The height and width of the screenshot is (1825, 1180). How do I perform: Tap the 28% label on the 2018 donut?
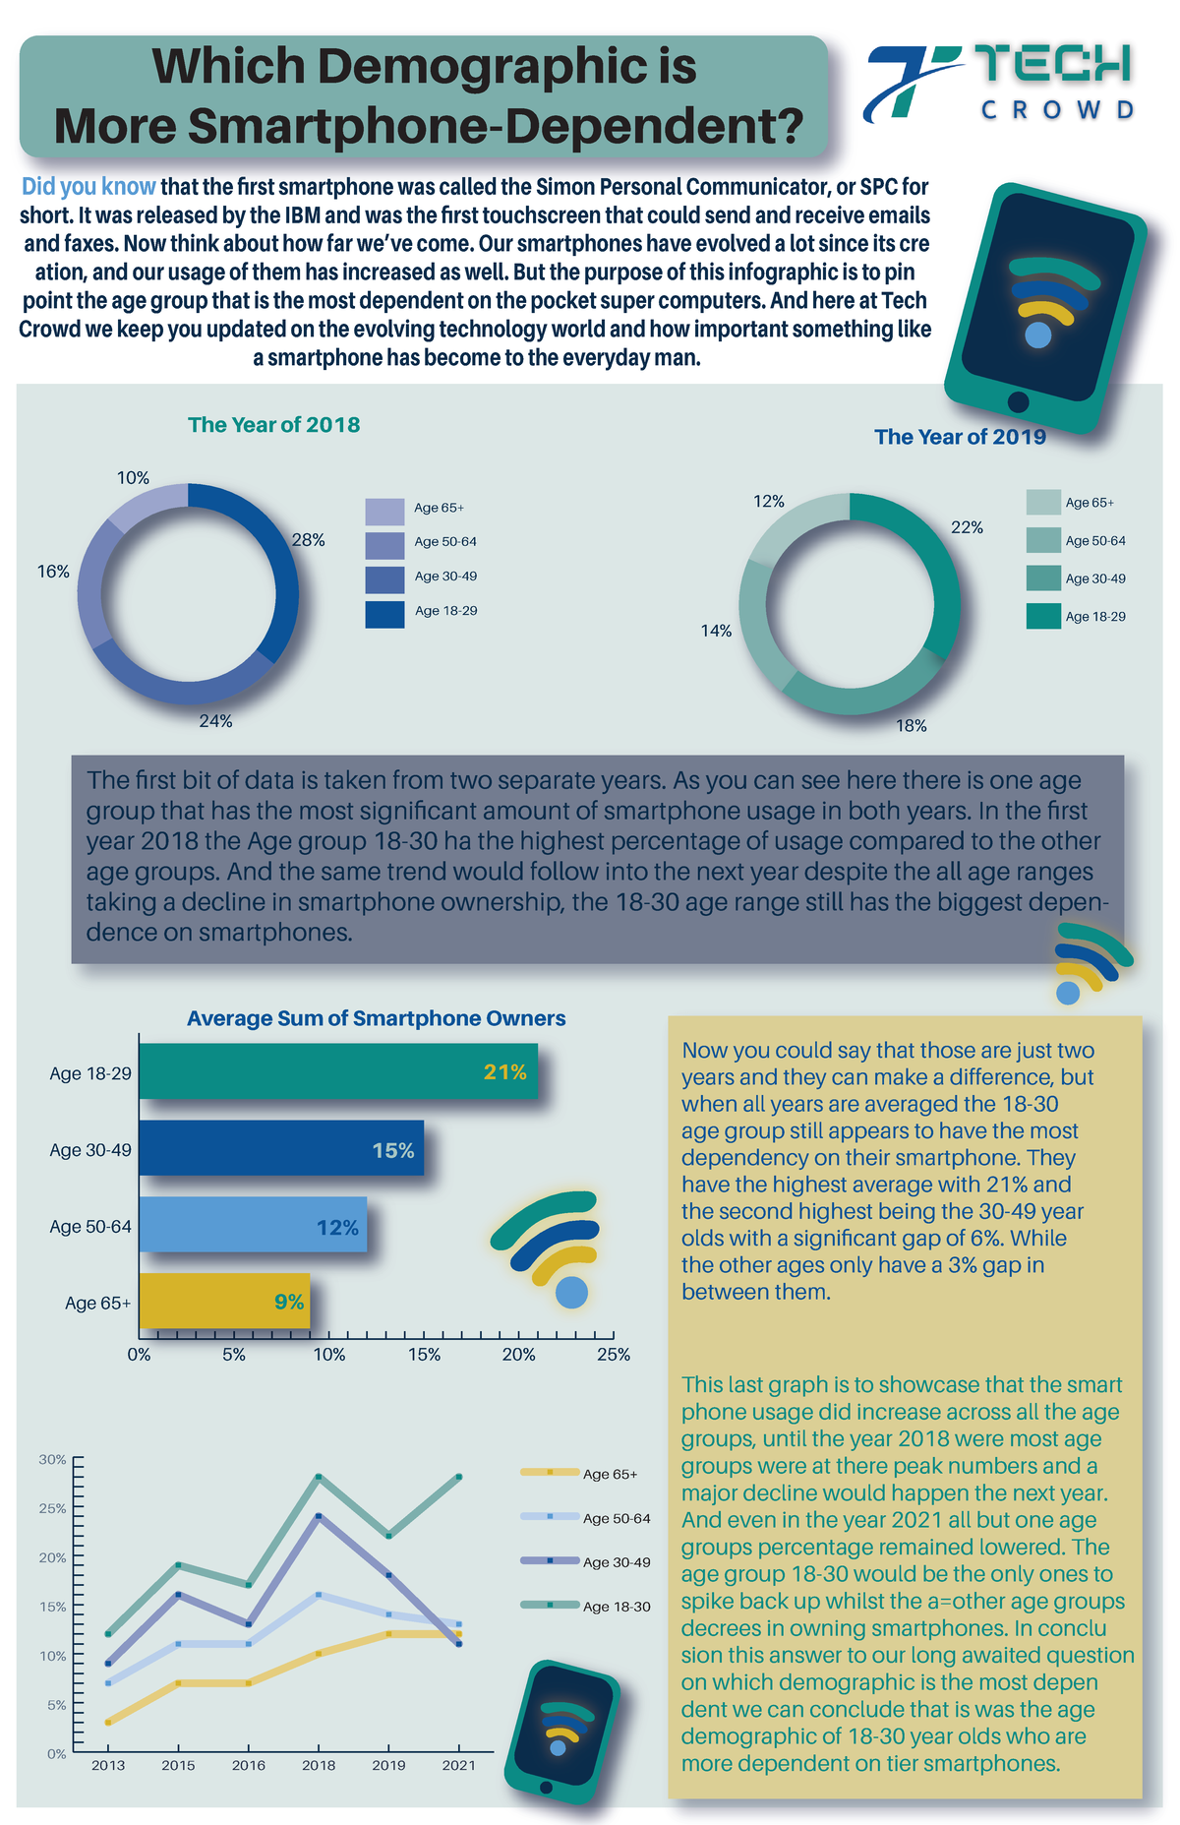pos(308,540)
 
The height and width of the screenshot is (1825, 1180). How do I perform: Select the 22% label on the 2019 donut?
pos(967,527)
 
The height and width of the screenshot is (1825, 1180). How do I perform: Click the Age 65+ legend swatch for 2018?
pos(384,512)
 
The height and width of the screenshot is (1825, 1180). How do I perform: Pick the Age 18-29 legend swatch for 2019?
pos(1045,616)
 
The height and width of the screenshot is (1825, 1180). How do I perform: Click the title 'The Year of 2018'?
pos(273,425)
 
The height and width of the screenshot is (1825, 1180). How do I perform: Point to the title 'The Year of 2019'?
pos(960,437)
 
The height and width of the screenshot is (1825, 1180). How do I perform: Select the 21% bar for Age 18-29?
pos(338,1071)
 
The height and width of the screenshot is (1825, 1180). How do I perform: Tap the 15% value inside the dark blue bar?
pos(393,1150)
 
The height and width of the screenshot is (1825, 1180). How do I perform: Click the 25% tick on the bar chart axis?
pos(614,1355)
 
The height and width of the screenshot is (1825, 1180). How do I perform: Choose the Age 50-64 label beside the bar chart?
pos(90,1227)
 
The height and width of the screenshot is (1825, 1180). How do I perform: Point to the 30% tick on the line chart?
pos(53,1459)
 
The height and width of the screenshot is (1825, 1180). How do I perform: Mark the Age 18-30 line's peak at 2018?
pos(319,1477)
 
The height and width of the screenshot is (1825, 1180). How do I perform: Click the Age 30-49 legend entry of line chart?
pos(616,1562)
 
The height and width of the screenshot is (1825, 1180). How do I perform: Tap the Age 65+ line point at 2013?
pos(108,1722)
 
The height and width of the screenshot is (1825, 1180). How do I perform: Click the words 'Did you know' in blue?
pos(88,187)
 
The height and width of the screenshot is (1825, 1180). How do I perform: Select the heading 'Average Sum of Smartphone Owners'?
pos(376,1018)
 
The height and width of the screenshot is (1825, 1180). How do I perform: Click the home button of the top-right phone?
pos(1019,401)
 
